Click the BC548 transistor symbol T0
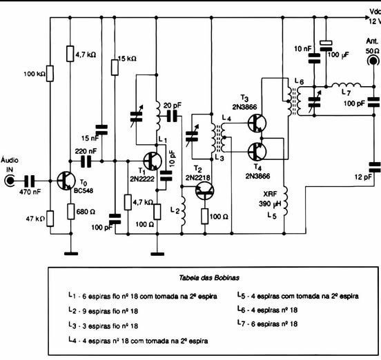tap(66, 181)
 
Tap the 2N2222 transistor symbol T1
tap(153, 161)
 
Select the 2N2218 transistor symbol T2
tap(205, 191)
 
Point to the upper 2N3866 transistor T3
tap(257, 123)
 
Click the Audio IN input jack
tap(10, 181)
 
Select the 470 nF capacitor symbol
tap(30, 181)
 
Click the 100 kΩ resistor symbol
tap(50, 73)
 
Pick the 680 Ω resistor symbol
tap(70, 212)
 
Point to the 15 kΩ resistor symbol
tap(115, 68)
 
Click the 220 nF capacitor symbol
tap(86, 161)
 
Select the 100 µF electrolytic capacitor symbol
tap(326, 46)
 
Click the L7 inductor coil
tap(346, 85)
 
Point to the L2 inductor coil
tap(183, 211)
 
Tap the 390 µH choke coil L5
tap(285, 201)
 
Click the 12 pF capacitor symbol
tap(374, 168)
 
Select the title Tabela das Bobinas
tap(209, 278)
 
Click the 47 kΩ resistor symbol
tap(50, 219)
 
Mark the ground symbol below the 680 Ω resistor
tap(71, 254)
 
